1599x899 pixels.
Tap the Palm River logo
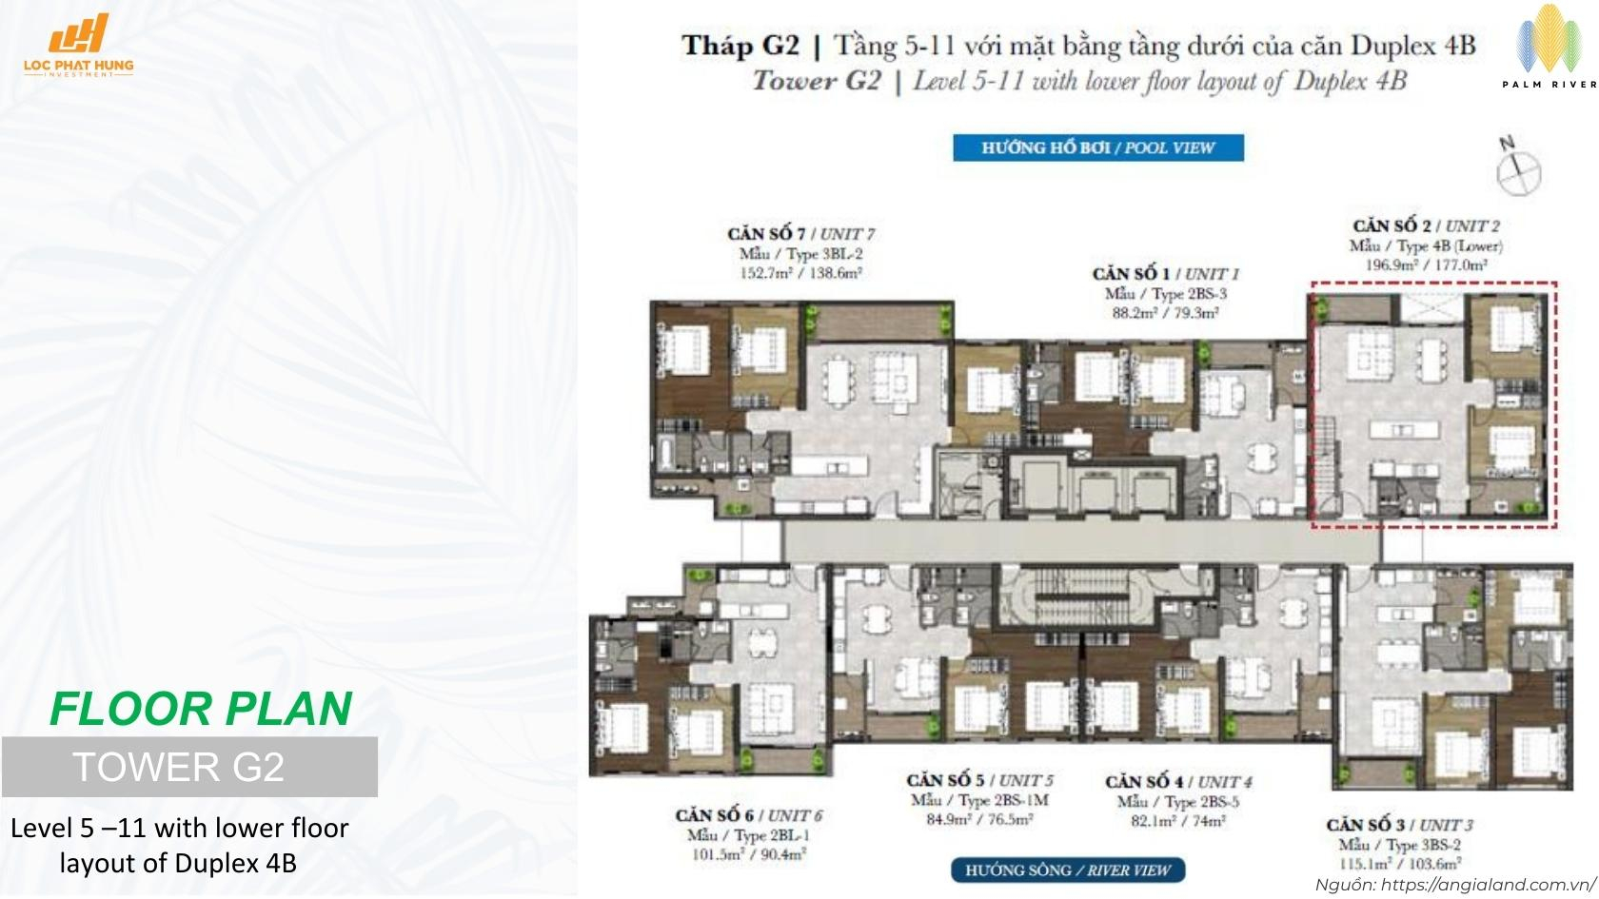1548,48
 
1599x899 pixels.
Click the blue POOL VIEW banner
1097,147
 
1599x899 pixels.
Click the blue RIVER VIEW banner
1067,870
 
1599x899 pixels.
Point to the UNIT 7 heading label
800,233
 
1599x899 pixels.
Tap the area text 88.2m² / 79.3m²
1165,312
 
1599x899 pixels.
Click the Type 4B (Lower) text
1426,245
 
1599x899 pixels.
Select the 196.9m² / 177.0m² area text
1426,264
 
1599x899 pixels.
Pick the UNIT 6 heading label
748,815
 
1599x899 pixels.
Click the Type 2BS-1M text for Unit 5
979,800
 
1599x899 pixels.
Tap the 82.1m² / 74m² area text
1177,820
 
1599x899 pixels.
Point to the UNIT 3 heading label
1399,825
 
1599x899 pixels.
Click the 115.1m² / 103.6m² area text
1399,864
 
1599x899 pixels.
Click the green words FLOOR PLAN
201,708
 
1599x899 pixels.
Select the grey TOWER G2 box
189,767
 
